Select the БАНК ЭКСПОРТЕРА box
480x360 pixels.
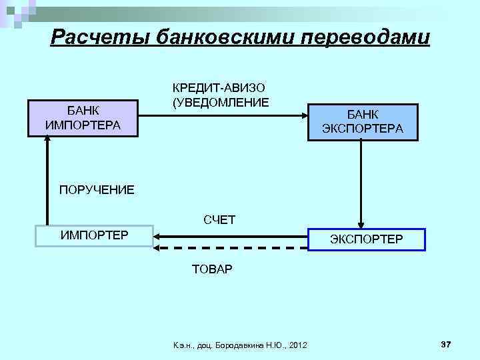tap(362, 122)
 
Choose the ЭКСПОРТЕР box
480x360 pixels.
tap(366, 238)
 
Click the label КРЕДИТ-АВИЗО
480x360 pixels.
tap(219, 89)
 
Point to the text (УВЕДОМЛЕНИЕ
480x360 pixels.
tap(221, 102)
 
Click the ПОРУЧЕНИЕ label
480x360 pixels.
tap(97, 190)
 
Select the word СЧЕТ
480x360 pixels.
tap(219, 219)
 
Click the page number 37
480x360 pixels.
tap(446, 343)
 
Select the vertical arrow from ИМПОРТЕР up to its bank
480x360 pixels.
tap(48, 180)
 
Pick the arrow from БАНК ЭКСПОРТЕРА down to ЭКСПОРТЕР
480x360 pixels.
tap(361, 183)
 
